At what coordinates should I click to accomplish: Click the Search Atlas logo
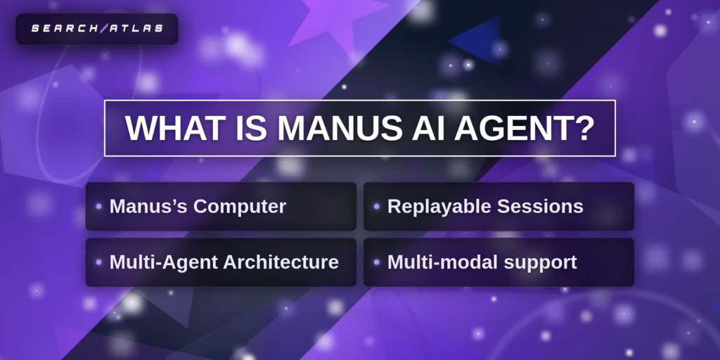pyautogui.click(x=97, y=29)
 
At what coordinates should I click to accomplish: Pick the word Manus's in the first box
pyautogui.click(x=148, y=207)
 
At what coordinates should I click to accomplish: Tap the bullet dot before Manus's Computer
pyautogui.click(x=98, y=207)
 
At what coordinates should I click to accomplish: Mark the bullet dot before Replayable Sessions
pyautogui.click(x=377, y=207)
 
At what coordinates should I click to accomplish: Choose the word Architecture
pyautogui.click(x=281, y=262)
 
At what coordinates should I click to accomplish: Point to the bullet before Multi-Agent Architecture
pyautogui.click(x=98, y=262)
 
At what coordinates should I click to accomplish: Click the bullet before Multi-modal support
pyautogui.click(x=377, y=262)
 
